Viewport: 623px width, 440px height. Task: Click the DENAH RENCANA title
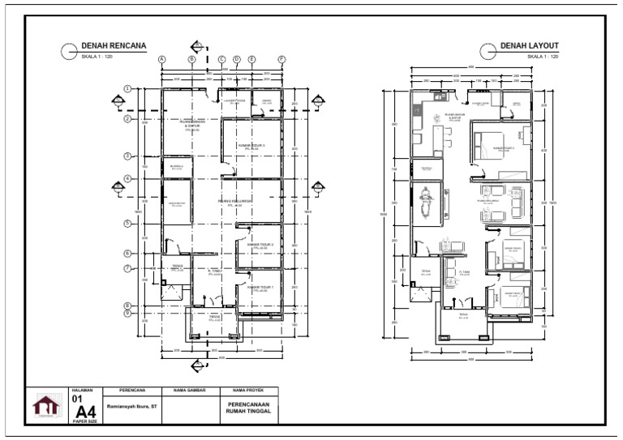point(114,46)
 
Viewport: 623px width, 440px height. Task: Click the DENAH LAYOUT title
point(530,46)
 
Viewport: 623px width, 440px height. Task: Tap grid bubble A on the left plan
point(161,59)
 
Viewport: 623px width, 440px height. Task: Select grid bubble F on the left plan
point(281,59)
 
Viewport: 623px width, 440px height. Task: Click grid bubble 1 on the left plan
point(128,88)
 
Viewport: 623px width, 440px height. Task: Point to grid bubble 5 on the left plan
point(128,224)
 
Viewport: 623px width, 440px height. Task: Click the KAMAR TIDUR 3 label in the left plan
point(251,147)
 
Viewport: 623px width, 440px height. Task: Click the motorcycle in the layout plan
point(425,203)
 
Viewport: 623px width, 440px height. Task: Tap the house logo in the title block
point(45,405)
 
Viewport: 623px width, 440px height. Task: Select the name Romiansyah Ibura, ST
point(131,407)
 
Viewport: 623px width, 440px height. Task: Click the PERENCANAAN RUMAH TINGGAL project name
point(248,407)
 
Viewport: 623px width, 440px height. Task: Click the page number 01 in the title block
point(77,399)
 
